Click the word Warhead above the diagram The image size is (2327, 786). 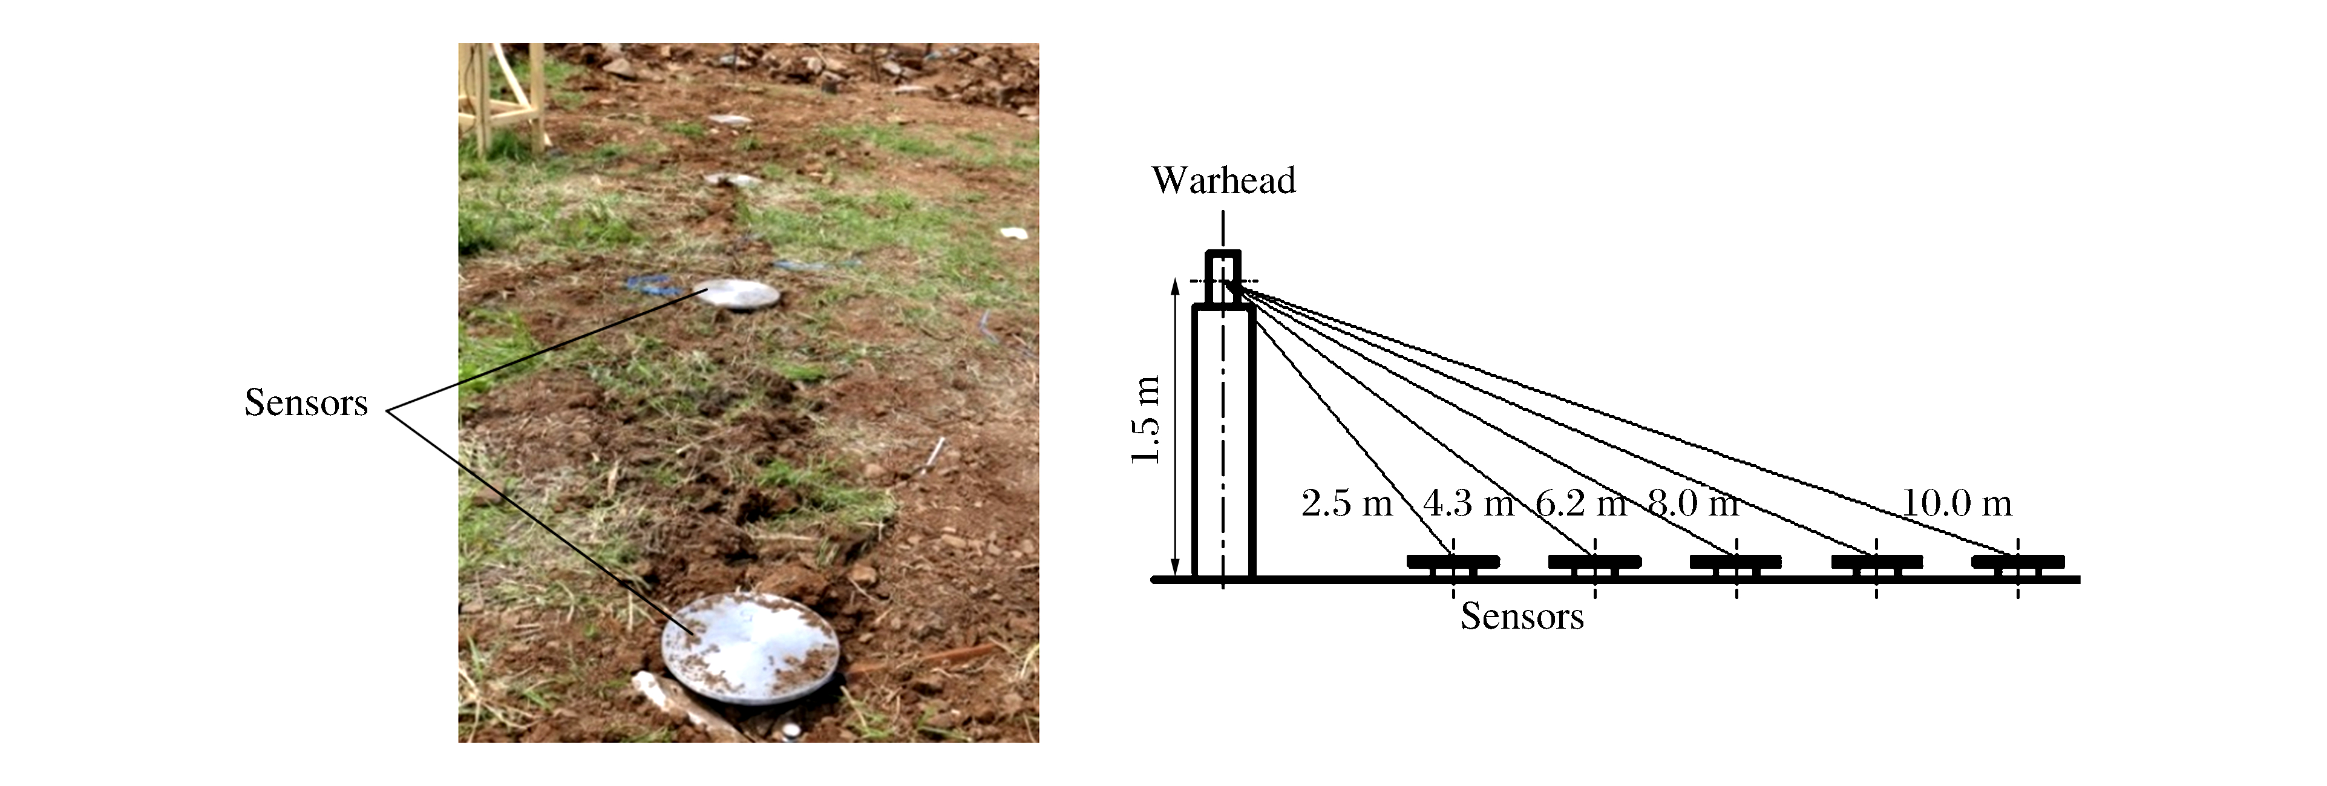(x=1223, y=181)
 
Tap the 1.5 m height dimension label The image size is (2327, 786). (x=1145, y=419)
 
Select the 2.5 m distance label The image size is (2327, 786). (x=1346, y=503)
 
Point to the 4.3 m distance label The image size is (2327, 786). (x=1468, y=503)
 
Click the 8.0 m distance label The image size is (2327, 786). (x=1693, y=503)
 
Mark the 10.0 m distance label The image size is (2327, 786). (x=1957, y=503)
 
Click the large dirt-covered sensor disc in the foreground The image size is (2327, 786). (x=750, y=647)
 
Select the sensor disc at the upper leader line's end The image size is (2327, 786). (x=739, y=295)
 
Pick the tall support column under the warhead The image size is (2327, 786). (x=1223, y=443)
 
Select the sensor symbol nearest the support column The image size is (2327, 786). (x=1453, y=564)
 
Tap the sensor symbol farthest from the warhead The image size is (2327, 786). (x=2017, y=564)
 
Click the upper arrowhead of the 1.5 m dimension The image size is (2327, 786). (x=1175, y=286)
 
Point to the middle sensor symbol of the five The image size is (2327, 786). (x=1735, y=564)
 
